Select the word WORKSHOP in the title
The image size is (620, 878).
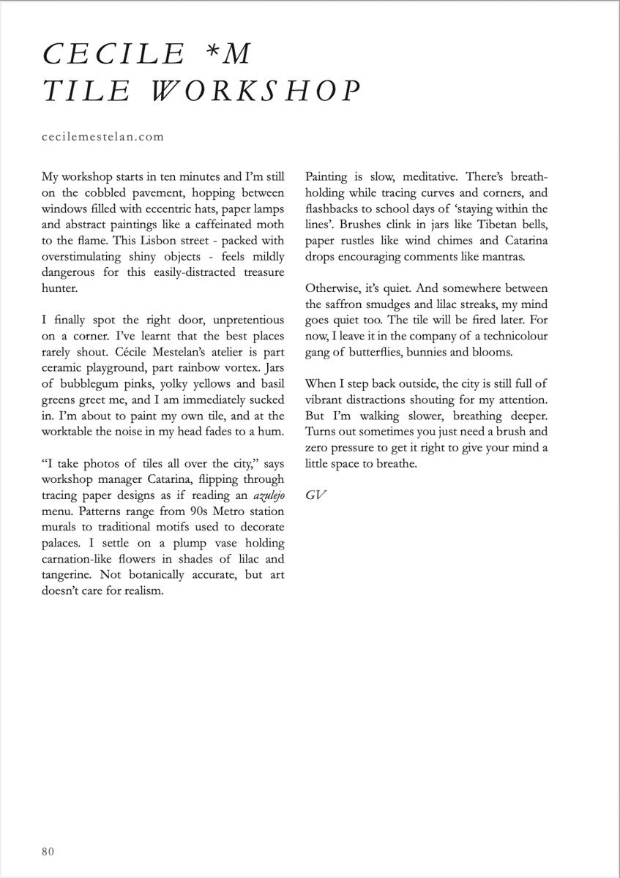point(257,91)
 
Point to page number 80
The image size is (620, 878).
point(48,851)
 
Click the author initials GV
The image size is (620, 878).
point(315,495)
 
